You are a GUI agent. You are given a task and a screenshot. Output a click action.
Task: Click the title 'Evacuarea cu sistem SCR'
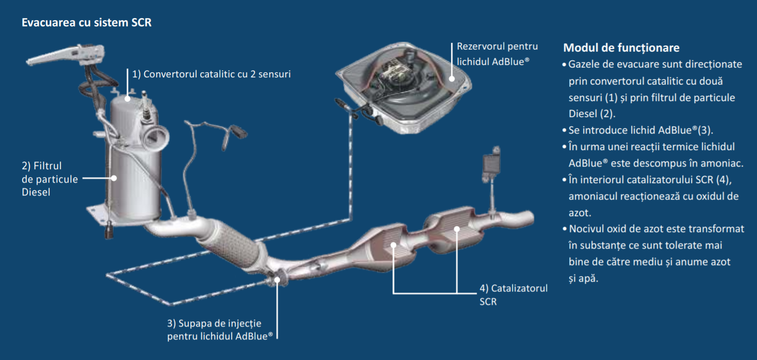pyautogui.click(x=87, y=22)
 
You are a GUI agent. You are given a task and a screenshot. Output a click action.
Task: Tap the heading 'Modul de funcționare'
pyautogui.click(x=621, y=47)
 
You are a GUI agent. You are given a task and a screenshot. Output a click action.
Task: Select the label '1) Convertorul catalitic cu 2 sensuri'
pyautogui.click(x=211, y=74)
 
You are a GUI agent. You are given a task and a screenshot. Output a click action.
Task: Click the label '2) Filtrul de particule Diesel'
pyautogui.click(x=50, y=179)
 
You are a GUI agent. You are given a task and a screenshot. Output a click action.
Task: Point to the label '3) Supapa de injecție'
pyautogui.click(x=214, y=323)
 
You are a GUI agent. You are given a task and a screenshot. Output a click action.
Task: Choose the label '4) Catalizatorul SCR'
pyautogui.click(x=513, y=295)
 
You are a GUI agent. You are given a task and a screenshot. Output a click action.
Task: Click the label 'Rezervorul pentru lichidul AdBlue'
pyautogui.click(x=497, y=54)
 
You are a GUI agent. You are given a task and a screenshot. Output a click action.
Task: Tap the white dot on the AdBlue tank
pyautogui.click(x=452, y=79)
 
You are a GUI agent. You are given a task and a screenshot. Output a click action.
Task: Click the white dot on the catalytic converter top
pyautogui.click(x=127, y=99)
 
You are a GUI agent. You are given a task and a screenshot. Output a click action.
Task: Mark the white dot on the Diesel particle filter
pyautogui.click(x=114, y=178)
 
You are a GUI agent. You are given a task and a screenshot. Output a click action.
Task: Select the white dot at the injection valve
pyautogui.click(x=277, y=280)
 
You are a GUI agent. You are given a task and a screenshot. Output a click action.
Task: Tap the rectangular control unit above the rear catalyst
pyautogui.click(x=491, y=165)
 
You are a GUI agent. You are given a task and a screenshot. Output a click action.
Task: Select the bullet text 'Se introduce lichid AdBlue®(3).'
pyautogui.click(x=641, y=130)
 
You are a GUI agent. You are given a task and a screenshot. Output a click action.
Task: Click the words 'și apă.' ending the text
pyautogui.click(x=583, y=279)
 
